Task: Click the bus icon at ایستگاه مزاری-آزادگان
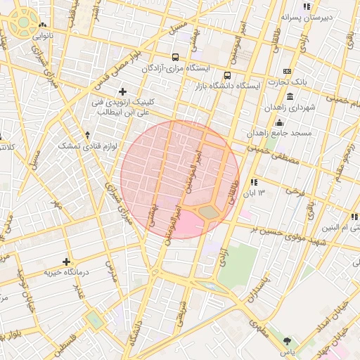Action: pyautogui.click(x=175, y=58)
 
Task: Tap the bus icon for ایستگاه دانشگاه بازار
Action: pyautogui.click(x=227, y=75)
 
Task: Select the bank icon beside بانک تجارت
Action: pyautogui.click(x=287, y=71)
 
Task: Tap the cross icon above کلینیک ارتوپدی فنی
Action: pyautogui.click(x=123, y=91)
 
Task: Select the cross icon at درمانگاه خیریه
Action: pyautogui.click(x=67, y=262)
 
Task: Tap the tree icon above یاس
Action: pyautogui.click(x=288, y=340)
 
